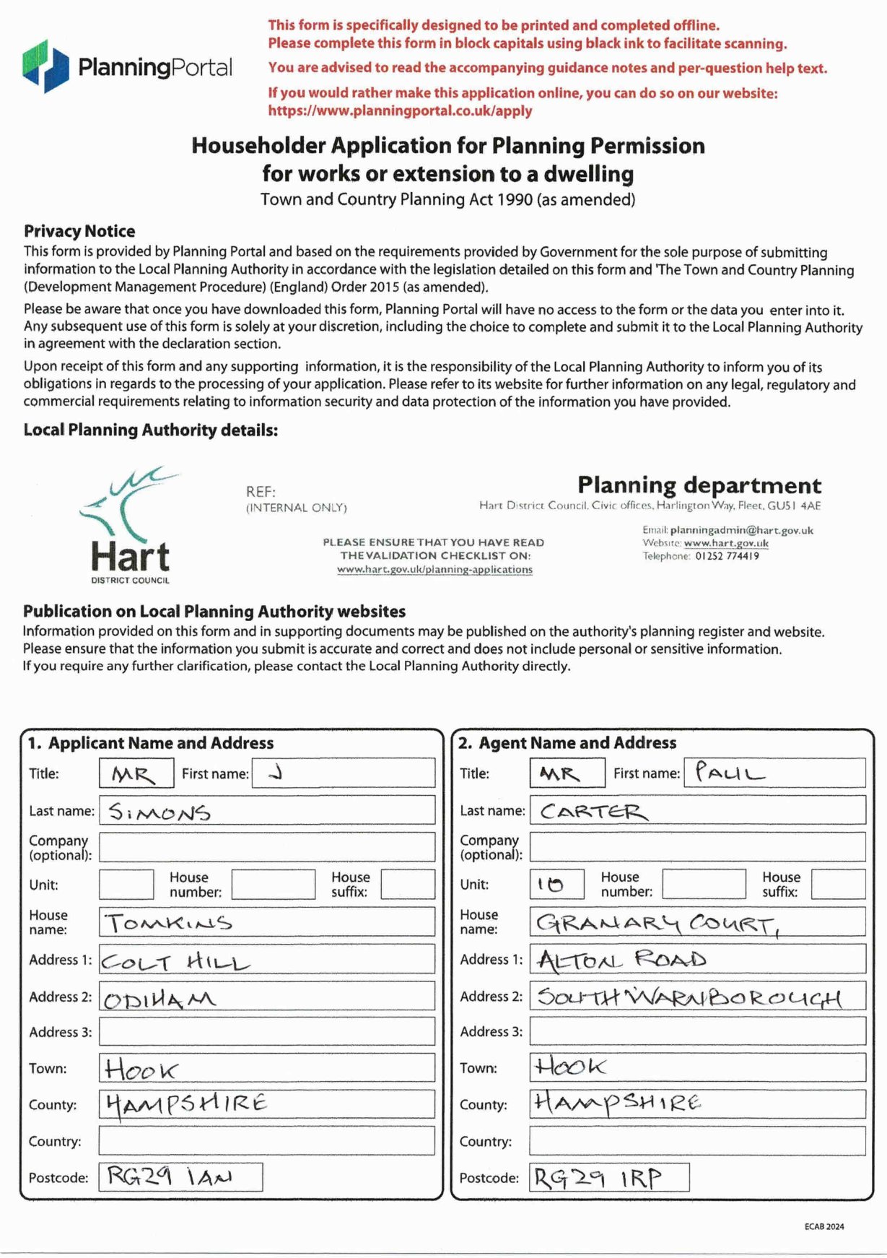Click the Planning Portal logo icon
(45, 66)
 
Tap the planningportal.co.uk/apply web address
(400, 111)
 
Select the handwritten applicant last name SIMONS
(160, 812)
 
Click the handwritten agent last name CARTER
(593, 812)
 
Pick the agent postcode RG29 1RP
(597, 1178)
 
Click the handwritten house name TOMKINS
(169, 923)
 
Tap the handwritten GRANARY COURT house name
(657, 923)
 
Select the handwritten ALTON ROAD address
(621, 960)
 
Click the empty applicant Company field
(267, 847)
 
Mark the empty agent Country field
(697, 1141)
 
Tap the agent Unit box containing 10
(556, 884)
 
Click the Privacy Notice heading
(79, 231)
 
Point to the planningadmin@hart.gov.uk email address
(741, 530)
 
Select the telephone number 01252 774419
(727, 556)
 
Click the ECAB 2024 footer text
(824, 1226)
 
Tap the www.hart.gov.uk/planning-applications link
(434, 570)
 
